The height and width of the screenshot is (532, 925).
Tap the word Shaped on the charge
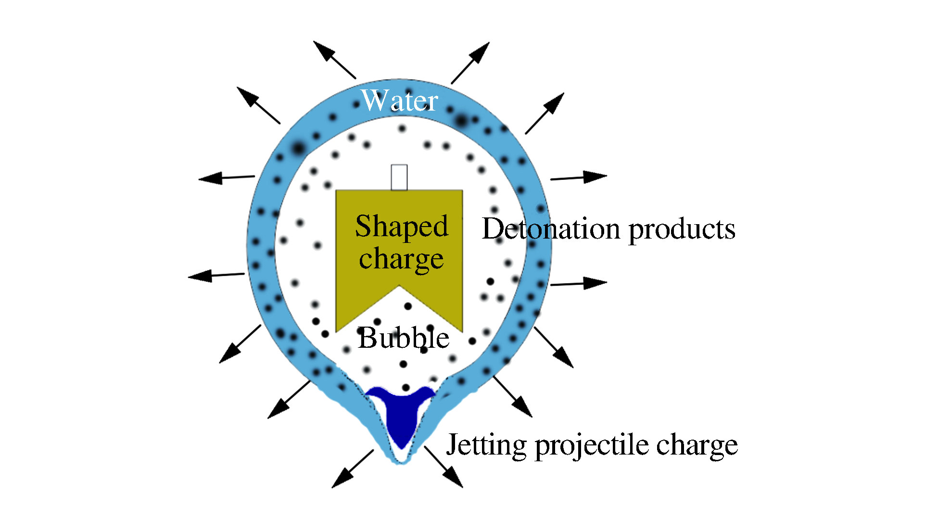[x=402, y=226]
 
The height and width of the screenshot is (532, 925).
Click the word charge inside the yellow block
[x=401, y=259]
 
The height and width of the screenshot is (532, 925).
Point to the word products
[x=682, y=230]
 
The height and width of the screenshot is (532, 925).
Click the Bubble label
[x=404, y=338]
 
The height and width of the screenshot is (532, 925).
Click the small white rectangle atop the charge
[x=399, y=177]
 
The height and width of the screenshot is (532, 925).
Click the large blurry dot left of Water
[x=298, y=148]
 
